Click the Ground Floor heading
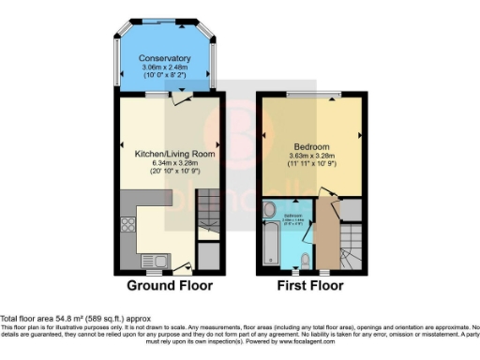170,285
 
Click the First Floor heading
309,285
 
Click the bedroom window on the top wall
308,95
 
